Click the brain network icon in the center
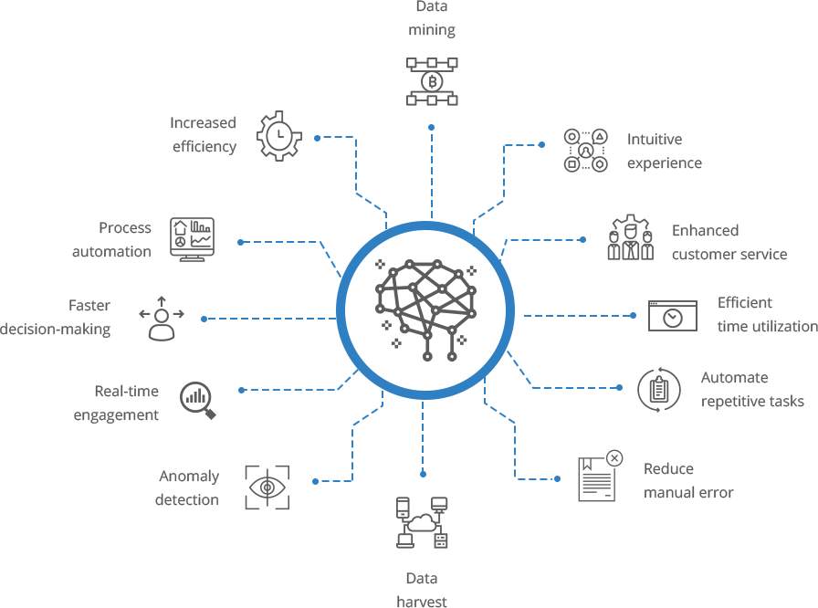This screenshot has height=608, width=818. (425, 309)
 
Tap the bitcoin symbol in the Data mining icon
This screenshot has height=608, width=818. (432, 81)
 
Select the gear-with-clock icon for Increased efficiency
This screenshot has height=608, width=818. (279, 136)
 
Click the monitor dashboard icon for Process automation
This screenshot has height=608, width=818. (192, 239)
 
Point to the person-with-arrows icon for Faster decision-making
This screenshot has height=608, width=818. (162, 319)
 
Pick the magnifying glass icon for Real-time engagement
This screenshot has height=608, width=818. (198, 400)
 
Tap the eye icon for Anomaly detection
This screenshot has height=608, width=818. (267, 487)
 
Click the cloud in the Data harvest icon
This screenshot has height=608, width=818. (422, 522)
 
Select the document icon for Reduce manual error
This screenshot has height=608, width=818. (597, 479)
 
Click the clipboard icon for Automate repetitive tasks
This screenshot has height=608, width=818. (659, 390)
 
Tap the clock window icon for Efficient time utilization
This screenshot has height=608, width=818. (673, 316)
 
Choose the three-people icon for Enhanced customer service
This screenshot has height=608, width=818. (631, 236)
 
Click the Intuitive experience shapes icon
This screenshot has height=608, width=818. (586, 151)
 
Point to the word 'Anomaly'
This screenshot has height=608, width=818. (189, 477)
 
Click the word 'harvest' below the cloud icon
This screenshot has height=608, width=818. (422, 602)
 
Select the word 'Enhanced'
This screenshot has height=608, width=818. (705, 230)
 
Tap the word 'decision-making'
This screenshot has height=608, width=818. (56, 330)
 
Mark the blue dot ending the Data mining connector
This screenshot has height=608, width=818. (432, 127)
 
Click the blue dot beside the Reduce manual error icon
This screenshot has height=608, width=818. (557, 478)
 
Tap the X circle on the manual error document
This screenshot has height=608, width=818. (614, 458)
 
